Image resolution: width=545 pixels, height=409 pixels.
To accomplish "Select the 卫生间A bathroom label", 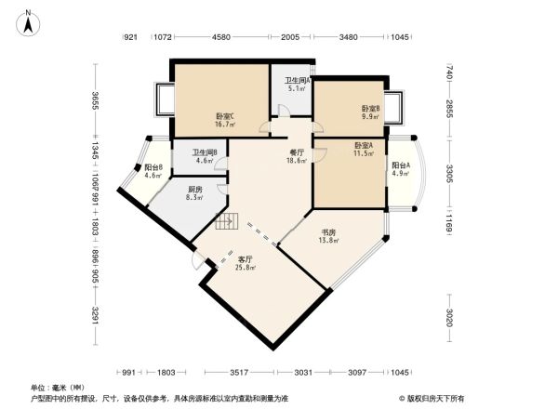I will [x=297, y=81].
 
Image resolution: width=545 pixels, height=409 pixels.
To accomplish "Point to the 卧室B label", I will [x=371, y=109].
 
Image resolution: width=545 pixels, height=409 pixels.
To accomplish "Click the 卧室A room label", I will [x=364, y=145].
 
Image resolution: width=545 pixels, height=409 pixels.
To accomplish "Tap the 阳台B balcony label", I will [x=153, y=167].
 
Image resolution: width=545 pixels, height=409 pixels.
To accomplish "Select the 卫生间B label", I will [x=205, y=152].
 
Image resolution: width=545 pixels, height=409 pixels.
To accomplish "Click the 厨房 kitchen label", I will [x=195, y=187].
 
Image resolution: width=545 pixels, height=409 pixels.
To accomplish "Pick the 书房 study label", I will [x=328, y=233].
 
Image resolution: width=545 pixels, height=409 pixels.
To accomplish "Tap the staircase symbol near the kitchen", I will [x=227, y=221].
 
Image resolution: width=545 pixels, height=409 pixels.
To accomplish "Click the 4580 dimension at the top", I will [x=221, y=38].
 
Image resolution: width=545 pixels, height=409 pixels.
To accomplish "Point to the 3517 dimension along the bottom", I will [x=239, y=372].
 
